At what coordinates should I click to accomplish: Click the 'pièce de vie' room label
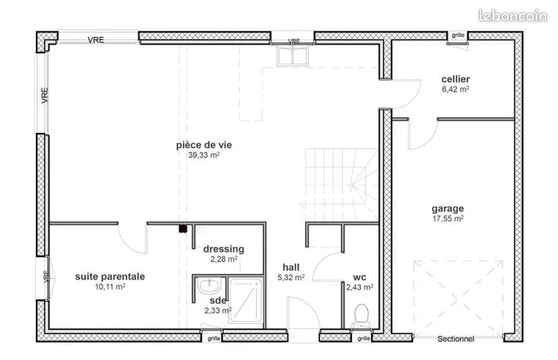coord(204,145)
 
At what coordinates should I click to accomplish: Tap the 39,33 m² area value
coord(204,155)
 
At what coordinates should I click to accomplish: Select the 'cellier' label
coord(455,79)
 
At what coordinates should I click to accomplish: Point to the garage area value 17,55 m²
coord(448,218)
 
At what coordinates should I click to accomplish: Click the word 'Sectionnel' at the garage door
coord(455,339)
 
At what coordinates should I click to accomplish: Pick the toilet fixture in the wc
coord(362,315)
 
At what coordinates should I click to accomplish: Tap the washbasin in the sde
coord(209,286)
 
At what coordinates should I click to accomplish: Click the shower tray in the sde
coord(246,301)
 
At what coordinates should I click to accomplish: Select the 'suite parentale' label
coord(110,276)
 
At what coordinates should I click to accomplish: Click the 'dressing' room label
coord(224,249)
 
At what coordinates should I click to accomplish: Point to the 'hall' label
coord(291,267)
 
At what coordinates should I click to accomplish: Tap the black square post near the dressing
coord(183,229)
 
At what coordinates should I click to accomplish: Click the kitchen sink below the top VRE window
coord(293,56)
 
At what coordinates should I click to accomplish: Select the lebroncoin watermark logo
coord(513,16)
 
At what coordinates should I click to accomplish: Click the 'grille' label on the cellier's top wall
coord(458,35)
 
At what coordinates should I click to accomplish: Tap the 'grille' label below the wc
coord(364,338)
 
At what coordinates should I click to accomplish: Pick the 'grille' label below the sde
coord(214,338)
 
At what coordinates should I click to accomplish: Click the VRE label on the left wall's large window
coord(45,95)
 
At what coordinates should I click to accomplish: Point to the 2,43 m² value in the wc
coord(360,287)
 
